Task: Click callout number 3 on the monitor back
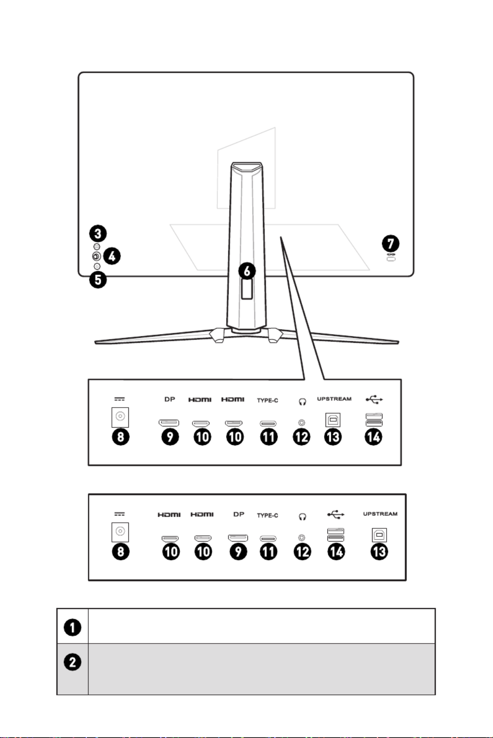[98, 233]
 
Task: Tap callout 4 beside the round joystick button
[112, 256]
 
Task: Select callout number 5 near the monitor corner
[98, 280]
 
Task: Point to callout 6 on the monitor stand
[247, 271]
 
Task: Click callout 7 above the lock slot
[390, 243]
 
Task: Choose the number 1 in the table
[72, 628]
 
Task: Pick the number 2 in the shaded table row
[72, 662]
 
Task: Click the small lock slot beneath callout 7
[391, 259]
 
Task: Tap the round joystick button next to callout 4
[96, 256]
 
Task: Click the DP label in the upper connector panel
[170, 399]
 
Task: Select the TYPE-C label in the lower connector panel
[267, 515]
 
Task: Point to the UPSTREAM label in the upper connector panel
[334, 399]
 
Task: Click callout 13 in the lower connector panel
[379, 551]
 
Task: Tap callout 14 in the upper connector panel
[374, 437]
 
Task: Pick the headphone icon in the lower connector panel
[302, 517]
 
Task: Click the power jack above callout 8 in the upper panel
[120, 417]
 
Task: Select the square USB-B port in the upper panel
[333, 419]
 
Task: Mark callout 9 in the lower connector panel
[239, 551]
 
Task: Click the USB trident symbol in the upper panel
[374, 399]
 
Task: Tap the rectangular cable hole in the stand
[247, 289]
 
